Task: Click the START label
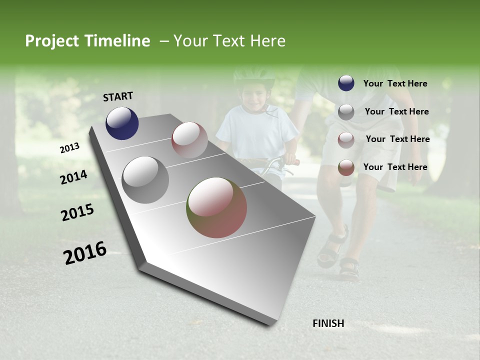118,96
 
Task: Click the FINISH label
328,323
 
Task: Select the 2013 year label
69,147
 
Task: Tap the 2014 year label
73,177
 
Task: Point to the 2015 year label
77,212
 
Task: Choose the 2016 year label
85,253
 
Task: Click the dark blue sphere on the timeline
122,123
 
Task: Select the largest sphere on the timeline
216,207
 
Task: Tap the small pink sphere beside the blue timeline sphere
189,140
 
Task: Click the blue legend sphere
346,83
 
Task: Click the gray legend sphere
346,112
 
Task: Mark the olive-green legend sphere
346,167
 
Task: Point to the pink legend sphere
346,139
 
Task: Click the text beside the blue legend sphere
395,83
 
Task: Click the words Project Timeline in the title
87,41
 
